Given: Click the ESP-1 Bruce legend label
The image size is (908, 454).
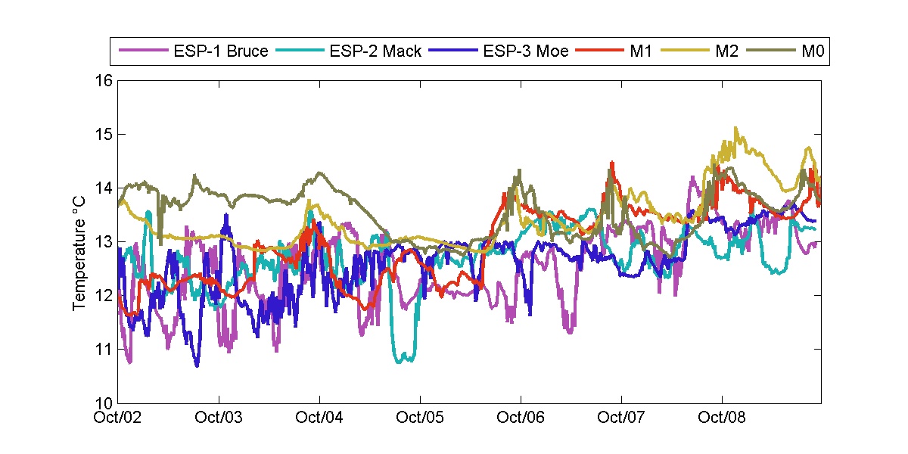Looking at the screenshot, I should [x=220, y=51].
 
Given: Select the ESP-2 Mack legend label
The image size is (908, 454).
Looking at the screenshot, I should [x=375, y=51].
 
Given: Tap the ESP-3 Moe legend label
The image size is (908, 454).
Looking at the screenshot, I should [x=526, y=51].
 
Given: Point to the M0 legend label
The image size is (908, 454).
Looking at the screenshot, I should [x=812, y=51].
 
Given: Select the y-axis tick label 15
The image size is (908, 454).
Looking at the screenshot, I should [x=105, y=134].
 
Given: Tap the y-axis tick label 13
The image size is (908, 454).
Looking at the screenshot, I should [x=105, y=241].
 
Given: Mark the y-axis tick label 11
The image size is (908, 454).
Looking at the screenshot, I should [x=105, y=349].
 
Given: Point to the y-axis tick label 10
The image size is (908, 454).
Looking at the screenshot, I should [x=105, y=403].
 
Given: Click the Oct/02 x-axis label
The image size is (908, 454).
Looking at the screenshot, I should [x=119, y=417].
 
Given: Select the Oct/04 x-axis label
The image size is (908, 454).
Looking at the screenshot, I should [x=320, y=417].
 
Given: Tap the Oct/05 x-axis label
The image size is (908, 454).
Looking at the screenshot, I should [x=420, y=417].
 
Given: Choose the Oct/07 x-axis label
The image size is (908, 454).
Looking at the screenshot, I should [x=621, y=417].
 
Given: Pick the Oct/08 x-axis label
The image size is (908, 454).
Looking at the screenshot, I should [x=722, y=417].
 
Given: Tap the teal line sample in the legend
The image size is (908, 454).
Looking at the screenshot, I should [x=300, y=51].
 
